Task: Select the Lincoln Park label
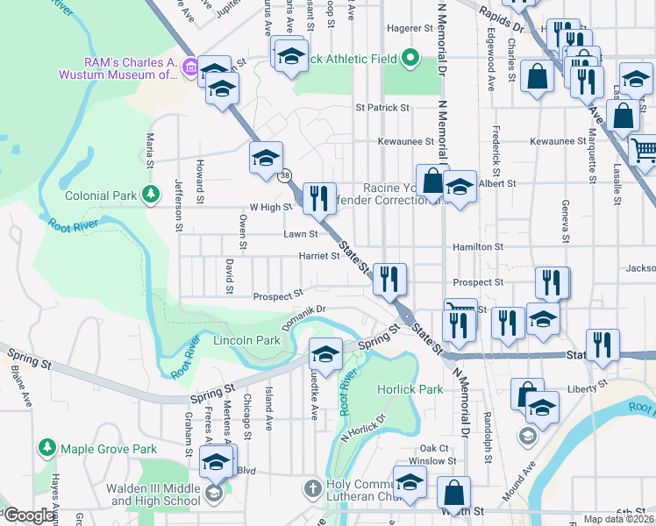pyautogui.click(x=246, y=340)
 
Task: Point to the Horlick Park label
pyautogui.click(x=410, y=388)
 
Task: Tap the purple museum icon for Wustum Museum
pyautogui.click(x=190, y=68)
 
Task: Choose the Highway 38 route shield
pyautogui.click(x=285, y=176)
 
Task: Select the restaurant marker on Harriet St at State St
pyautogui.click(x=389, y=279)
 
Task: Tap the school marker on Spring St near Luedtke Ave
pyautogui.click(x=325, y=354)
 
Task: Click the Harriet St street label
pyautogui.click(x=318, y=256)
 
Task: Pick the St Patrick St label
pyautogui.click(x=382, y=108)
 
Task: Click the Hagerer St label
pyautogui.click(x=405, y=28)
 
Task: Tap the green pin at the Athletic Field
pyautogui.click(x=410, y=59)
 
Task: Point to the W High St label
pyautogui.click(x=270, y=207)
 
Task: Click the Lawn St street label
pyautogui.click(x=300, y=235)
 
